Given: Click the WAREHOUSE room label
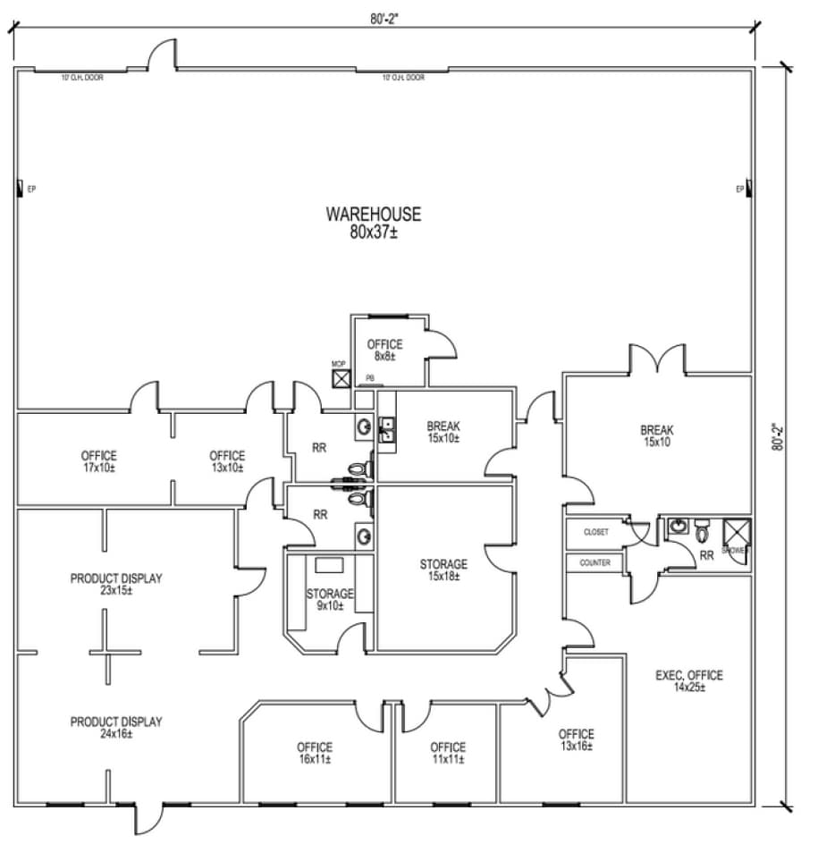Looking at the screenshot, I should pyautogui.click(x=373, y=215).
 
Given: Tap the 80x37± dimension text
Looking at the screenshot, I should pyautogui.click(x=373, y=232).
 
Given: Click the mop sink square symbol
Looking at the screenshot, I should pyautogui.click(x=340, y=379).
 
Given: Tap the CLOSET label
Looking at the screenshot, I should pyautogui.click(x=596, y=532).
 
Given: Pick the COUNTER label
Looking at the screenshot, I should pyautogui.click(x=595, y=563).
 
